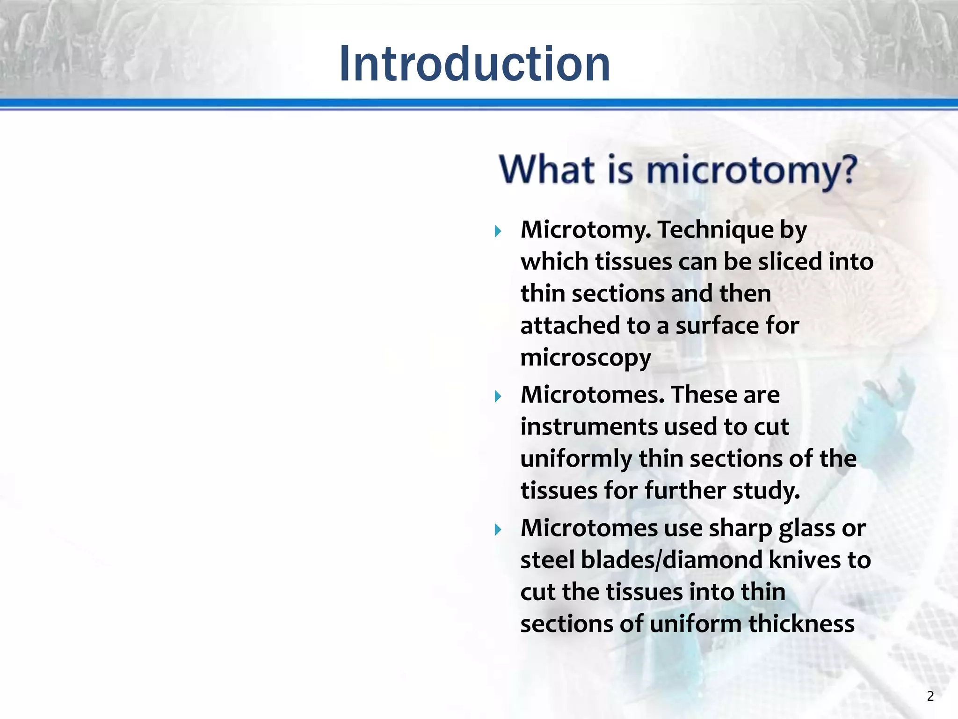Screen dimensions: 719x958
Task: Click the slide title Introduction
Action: tap(474, 64)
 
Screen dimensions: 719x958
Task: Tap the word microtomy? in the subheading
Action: tap(751, 170)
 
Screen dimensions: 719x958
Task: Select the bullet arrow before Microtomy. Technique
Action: tap(498, 231)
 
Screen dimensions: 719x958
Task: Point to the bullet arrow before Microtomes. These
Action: tap(498, 396)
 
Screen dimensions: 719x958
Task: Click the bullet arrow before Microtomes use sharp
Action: tap(498, 530)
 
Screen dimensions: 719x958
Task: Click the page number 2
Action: tap(930, 696)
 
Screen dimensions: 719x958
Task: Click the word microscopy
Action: tap(585, 359)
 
